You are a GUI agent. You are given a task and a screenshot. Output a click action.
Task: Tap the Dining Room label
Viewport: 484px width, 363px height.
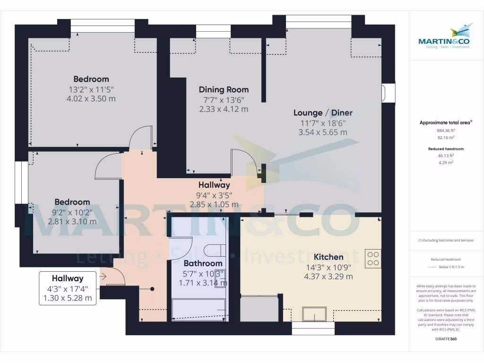[x=224, y=89]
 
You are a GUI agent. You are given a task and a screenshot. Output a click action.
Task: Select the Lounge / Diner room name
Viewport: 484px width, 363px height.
[x=323, y=112]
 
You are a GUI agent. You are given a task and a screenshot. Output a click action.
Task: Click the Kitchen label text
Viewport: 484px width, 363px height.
[x=328, y=257]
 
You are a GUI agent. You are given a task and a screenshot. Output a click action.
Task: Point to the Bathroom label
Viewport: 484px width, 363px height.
[x=203, y=263]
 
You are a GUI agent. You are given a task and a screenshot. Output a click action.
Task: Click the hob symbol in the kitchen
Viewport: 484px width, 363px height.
[x=373, y=258]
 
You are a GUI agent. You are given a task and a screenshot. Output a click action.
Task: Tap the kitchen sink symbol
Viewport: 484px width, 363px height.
[x=314, y=314]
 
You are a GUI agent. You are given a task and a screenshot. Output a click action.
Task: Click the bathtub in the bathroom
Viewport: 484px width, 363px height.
[x=199, y=310]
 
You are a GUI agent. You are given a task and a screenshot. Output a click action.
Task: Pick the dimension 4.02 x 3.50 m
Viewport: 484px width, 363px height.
[x=92, y=99]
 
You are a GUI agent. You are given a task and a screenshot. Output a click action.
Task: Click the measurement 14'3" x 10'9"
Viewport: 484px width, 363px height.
[x=328, y=267]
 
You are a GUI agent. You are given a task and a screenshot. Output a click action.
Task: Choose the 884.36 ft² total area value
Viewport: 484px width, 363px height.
[x=446, y=130]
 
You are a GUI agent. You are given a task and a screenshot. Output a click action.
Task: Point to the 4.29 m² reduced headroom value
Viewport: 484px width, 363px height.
[x=446, y=162]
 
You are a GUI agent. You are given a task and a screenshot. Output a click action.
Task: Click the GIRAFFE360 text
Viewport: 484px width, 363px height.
[x=446, y=339]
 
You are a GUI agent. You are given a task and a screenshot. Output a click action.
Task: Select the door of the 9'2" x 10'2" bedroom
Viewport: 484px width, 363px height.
[x=108, y=167]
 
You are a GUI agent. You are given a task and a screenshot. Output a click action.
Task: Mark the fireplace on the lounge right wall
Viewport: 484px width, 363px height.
[x=388, y=93]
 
